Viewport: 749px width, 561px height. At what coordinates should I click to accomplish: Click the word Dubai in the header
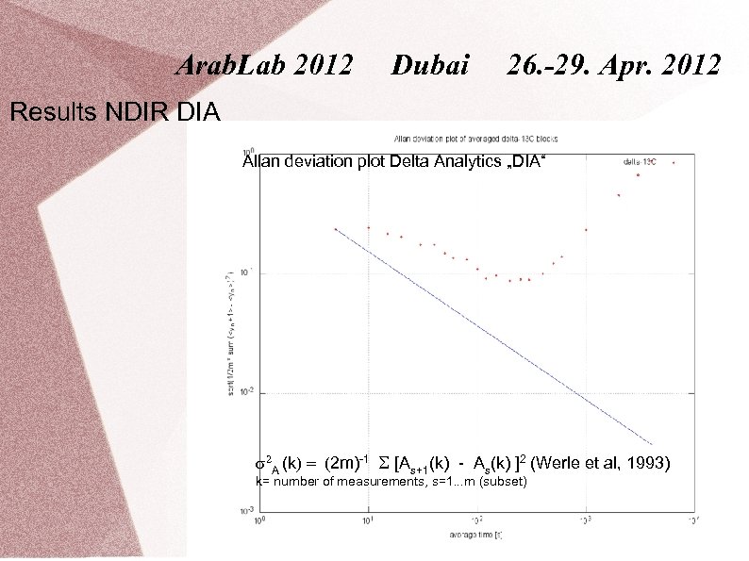pyautogui.click(x=430, y=66)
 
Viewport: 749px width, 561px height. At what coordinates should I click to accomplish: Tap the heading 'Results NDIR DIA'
pyautogui.click(x=114, y=114)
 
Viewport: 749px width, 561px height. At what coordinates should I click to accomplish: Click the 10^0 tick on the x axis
pyautogui.click(x=259, y=520)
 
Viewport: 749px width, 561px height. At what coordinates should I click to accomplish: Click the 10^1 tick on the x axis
pyautogui.click(x=368, y=520)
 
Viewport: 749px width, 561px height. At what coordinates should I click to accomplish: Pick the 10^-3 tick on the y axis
pyautogui.click(x=246, y=512)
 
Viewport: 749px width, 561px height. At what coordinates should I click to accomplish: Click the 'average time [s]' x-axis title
pyautogui.click(x=475, y=535)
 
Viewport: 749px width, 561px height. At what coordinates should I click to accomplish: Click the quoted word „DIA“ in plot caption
pyautogui.click(x=525, y=162)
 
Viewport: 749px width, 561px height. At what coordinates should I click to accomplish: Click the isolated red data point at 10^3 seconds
pyautogui.click(x=586, y=230)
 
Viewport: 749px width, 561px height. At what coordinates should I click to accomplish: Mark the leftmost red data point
pyautogui.click(x=336, y=229)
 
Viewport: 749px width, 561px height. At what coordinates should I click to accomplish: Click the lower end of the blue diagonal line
pyautogui.click(x=651, y=442)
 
